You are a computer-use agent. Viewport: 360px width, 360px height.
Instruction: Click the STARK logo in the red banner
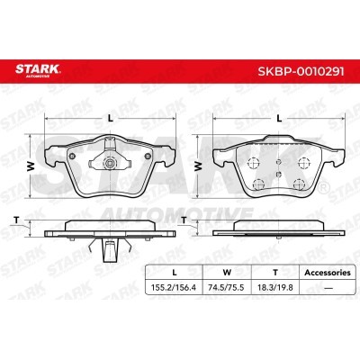click(38, 70)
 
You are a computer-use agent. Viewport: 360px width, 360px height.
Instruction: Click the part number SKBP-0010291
click(301, 71)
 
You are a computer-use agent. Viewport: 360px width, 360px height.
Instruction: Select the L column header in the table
click(174, 273)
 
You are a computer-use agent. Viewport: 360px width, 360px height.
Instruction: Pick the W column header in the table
click(227, 273)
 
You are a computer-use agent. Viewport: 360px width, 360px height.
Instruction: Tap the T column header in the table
click(275, 273)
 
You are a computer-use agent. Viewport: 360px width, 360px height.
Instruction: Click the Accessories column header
click(328, 273)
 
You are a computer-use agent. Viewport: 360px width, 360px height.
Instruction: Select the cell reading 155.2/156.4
click(174, 288)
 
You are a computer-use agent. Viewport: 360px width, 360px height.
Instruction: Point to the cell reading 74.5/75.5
click(226, 288)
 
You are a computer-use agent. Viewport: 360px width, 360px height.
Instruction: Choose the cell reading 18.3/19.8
click(274, 288)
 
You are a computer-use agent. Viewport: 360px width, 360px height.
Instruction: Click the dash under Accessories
click(328, 288)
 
